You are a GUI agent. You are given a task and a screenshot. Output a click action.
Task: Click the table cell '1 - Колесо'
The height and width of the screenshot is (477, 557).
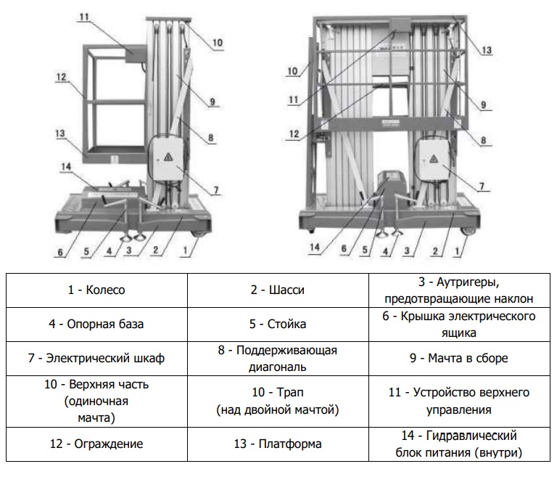point(96,290)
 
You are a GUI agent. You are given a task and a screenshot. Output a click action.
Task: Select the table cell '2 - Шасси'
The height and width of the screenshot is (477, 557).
point(278,290)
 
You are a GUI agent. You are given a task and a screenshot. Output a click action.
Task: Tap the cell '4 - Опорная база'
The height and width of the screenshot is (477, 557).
point(96,324)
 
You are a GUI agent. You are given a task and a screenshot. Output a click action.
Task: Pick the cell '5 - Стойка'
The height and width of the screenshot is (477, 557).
point(278,324)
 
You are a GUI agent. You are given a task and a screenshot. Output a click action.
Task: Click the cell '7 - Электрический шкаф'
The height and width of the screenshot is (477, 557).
point(96,358)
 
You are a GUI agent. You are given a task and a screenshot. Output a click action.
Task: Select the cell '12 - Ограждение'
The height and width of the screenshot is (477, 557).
point(96,444)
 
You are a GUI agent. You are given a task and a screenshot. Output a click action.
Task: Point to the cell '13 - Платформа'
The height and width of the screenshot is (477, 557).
point(278,444)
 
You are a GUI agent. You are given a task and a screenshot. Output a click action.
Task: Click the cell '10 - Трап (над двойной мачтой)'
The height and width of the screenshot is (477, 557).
point(278,401)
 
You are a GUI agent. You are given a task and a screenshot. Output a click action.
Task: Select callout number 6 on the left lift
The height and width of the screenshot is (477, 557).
point(60,253)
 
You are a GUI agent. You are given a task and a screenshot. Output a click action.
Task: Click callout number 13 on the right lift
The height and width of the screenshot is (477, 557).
point(487,50)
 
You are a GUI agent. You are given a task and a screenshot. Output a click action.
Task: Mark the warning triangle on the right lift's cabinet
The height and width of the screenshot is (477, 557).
point(432,158)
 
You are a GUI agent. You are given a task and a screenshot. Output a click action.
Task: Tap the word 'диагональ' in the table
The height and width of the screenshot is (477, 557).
point(278,367)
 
